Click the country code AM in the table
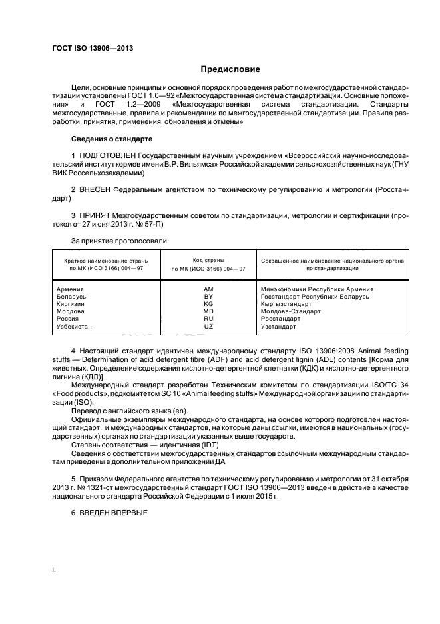pos(208,289)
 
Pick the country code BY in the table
pos(208,297)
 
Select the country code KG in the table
pos(208,304)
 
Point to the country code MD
pos(208,311)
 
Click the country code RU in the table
pos(208,319)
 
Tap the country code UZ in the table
pos(208,327)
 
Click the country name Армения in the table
pos(71,289)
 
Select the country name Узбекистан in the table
pos(75,327)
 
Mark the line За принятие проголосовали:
pos(115,240)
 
